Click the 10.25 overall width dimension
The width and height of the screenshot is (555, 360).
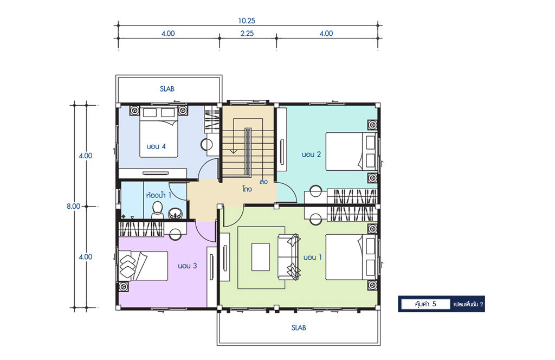pyautogui.click(x=247, y=21)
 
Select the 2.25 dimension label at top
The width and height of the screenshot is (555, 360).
pyautogui.click(x=247, y=33)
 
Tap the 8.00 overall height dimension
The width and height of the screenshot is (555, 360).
pyautogui.click(x=73, y=206)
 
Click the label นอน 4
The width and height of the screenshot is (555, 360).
pyautogui.click(x=156, y=146)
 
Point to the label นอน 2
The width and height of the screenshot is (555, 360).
pyautogui.click(x=311, y=155)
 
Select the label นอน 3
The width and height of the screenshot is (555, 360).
pyautogui.click(x=187, y=266)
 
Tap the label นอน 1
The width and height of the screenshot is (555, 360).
pyautogui.click(x=313, y=258)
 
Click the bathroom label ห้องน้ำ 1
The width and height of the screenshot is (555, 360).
pyautogui.click(x=159, y=195)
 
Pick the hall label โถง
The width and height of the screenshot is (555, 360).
pyautogui.click(x=247, y=189)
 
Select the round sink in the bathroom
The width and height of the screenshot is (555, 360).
pyautogui.click(x=175, y=214)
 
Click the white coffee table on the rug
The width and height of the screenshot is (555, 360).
pyautogui.click(x=261, y=257)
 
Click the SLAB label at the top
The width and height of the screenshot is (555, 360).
pyautogui.click(x=167, y=89)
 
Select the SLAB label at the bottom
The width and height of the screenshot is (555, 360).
pyautogui.click(x=299, y=328)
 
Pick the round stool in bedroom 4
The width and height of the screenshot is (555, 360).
pyautogui.click(x=206, y=145)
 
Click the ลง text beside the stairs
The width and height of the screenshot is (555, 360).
pyautogui.click(x=263, y=182)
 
